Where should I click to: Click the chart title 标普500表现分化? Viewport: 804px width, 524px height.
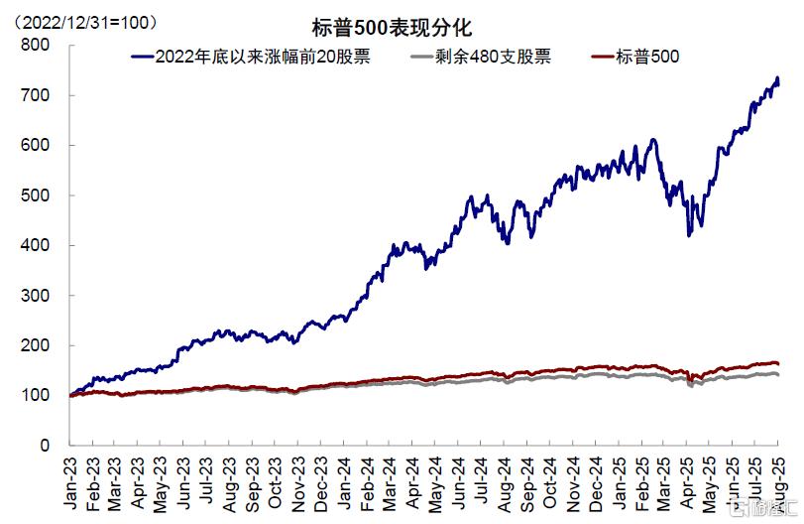pos(402,30)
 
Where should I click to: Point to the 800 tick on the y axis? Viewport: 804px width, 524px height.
pos(36,45)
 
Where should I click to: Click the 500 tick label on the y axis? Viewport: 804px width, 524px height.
pos(36,196)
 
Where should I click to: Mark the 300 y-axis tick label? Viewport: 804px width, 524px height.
pos(36,296)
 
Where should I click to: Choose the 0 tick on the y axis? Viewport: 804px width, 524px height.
pos(45,446)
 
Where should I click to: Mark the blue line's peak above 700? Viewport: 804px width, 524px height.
pos(777,78)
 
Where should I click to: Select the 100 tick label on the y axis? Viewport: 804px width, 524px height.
pos(36,396)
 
